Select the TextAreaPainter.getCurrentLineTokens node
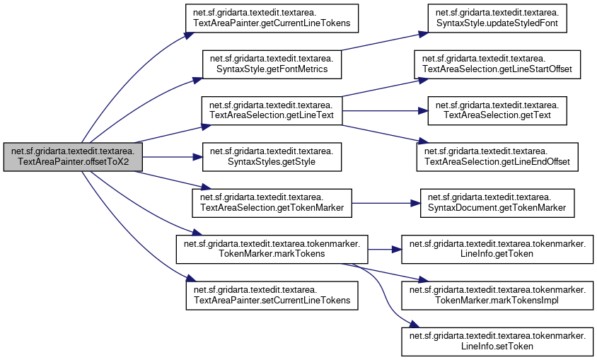pyautogui.click(x=273, y=18)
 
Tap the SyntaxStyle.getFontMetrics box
pyautogui.click(x=272, y=64)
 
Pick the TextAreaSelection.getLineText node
pyautogui.click(x=272, y=110)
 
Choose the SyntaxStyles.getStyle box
pyautogui.click(x=272, y=157)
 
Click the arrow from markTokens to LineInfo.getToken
pyautogui.click(x=382, y=250)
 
